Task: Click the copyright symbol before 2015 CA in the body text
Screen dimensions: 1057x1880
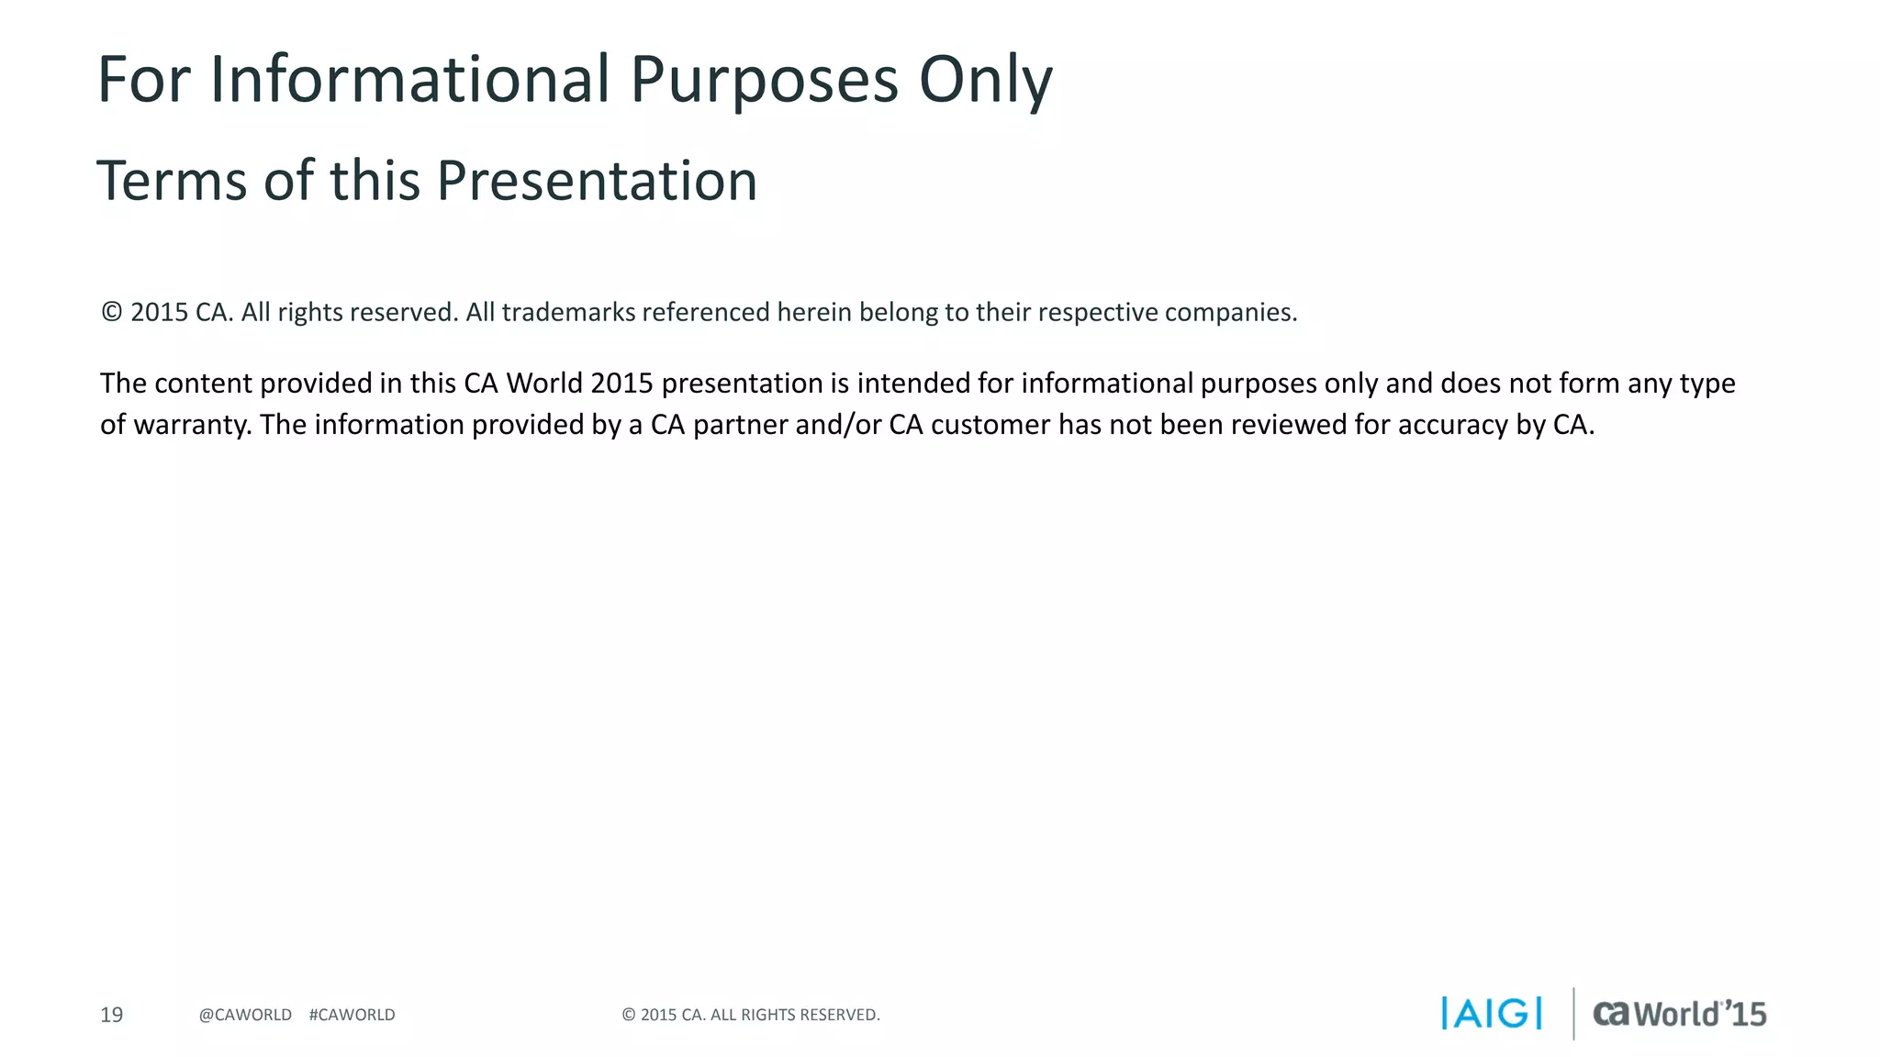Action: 111,312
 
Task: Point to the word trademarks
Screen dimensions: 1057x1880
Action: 568,312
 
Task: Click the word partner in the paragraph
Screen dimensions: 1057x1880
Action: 740,425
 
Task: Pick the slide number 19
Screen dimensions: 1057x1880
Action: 111,1015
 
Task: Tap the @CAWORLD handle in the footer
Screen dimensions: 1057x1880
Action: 245,1015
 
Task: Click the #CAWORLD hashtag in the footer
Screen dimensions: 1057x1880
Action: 352,1015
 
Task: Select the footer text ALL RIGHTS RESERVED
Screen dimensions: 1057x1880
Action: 795,1015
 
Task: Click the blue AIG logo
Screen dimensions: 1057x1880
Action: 1492,1014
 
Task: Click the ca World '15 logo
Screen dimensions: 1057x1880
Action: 1679,1014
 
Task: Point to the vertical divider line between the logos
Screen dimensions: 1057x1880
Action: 1573,1014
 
